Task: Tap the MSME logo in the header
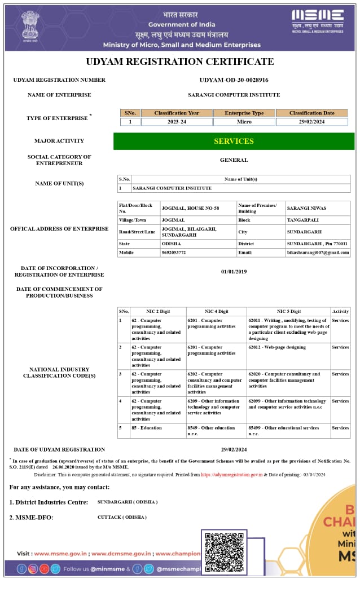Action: [317, 21]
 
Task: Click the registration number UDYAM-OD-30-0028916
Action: [234, 80]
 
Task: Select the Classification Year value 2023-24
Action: [177, 122]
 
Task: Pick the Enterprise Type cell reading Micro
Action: [244, 122]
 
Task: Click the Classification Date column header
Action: [311, 113]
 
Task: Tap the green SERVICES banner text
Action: [234, 141]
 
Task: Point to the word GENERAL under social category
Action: [234, 160]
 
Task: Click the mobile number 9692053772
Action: [174, 253]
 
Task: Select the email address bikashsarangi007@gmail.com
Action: [318, 253]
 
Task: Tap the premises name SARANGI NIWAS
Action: [306, 208]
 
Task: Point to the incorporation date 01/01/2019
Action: [234, 272]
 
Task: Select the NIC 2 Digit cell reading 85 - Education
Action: [147, 428]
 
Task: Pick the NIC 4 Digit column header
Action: [216, 311]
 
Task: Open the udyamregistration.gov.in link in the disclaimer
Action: [231, 475]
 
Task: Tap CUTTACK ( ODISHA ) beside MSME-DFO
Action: [122, 517]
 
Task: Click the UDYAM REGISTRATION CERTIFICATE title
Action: [180, 61]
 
